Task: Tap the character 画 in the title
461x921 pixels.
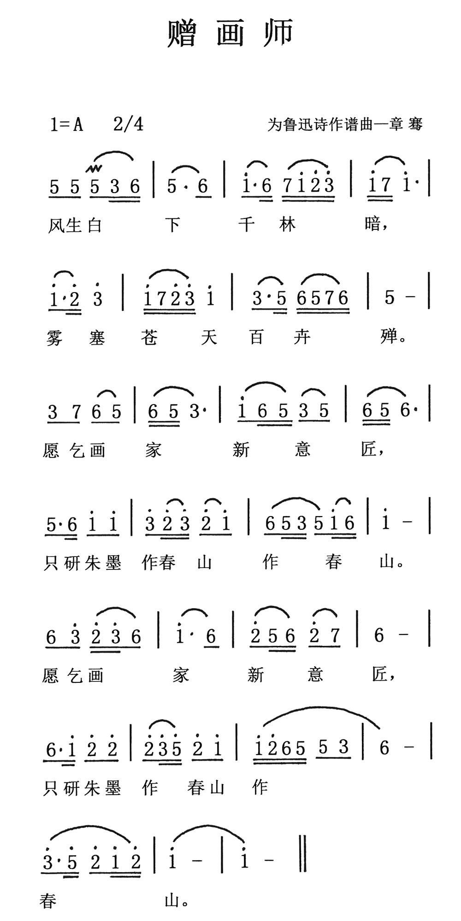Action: [230, 34]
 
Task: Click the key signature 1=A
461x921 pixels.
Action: [66, 124]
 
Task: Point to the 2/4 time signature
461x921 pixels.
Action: [128, 124]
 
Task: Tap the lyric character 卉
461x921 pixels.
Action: [303, 338]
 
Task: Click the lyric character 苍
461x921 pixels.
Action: [149, 338]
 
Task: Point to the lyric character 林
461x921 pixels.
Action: [287, 225]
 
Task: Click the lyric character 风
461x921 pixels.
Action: [56, 225]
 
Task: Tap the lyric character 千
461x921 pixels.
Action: [248, 225]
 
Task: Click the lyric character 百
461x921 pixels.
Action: [257, 338]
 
